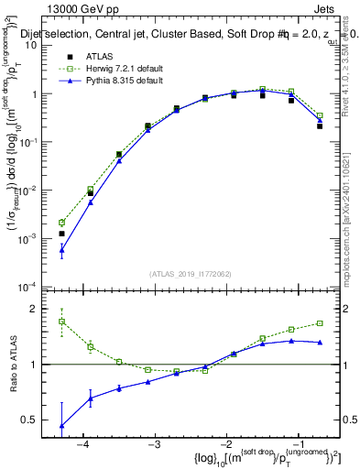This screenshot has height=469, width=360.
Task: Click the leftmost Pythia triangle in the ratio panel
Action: coord(61,425)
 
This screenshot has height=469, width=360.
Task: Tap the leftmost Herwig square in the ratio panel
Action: coord(61,322)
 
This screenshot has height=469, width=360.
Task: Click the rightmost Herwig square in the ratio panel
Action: coord(320,322)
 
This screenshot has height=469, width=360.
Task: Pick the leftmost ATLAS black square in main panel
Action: coord(61,234)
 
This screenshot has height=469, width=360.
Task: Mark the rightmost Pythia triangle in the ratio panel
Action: coord(320,342)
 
